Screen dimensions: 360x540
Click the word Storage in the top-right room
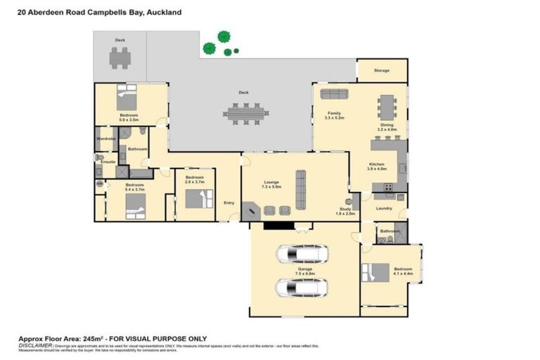click(381, 70)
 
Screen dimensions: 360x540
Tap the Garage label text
click(304, 268)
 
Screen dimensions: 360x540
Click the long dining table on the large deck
click(245, 112)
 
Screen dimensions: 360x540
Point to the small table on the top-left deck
click(120, 59)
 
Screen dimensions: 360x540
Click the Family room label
click(333, 112)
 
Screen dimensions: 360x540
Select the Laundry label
click(383, 208)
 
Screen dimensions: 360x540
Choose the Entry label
click(229, 203)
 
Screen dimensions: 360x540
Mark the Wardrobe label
click(105, 139)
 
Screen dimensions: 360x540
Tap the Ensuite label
click(108, 162)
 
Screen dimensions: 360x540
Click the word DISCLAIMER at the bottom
click(34, 345)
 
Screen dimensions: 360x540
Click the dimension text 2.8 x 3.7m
click(194, 182)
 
